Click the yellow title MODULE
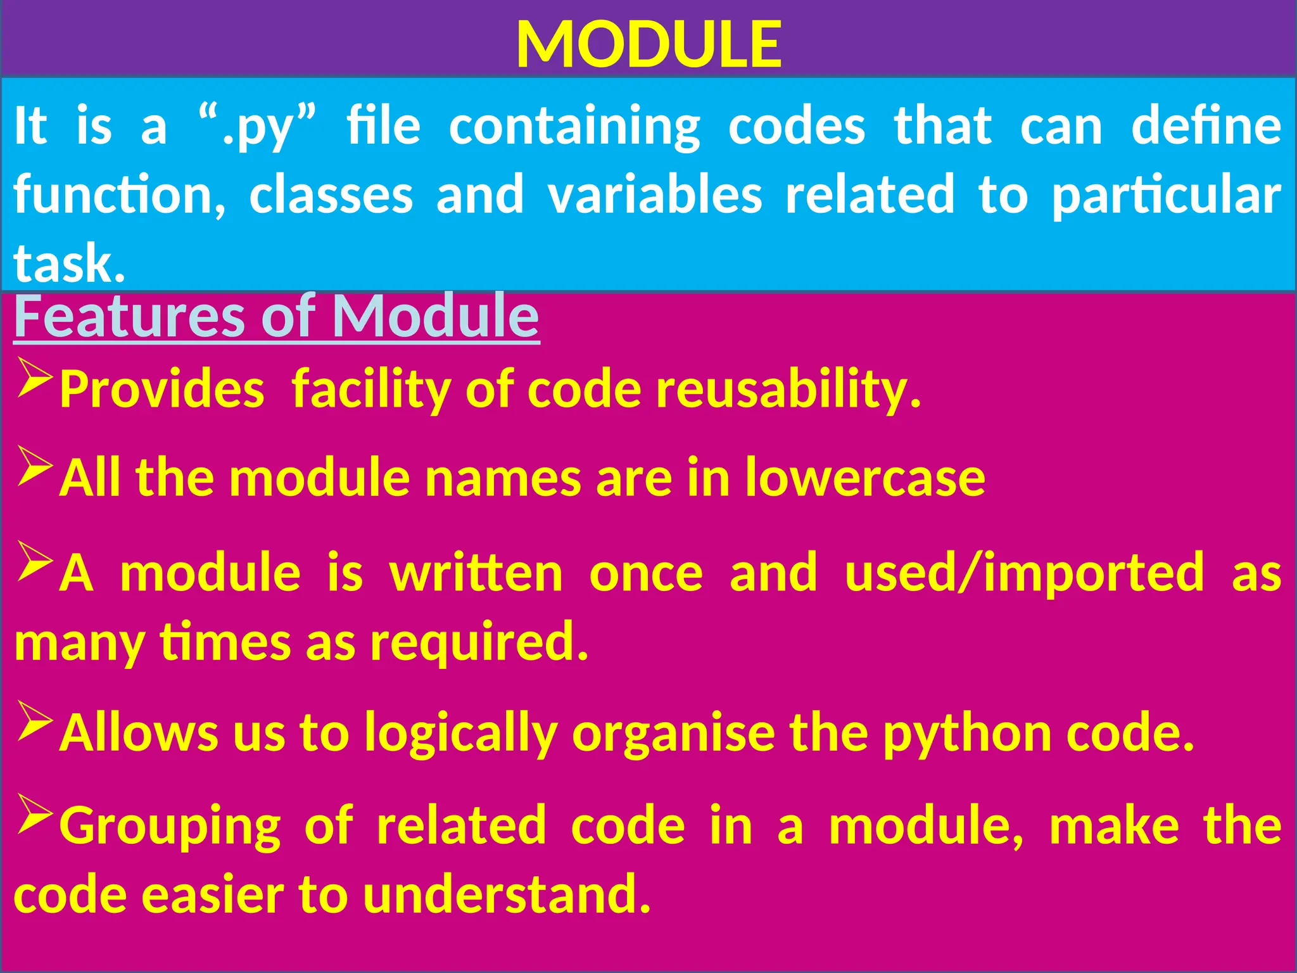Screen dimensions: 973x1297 648,44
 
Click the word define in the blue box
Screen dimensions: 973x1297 1206,125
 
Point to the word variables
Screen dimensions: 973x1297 655,194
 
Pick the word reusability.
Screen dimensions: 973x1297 788,389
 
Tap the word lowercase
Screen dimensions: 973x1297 864,478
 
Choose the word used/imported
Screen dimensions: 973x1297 1024,572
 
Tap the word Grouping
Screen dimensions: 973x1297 170,826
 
